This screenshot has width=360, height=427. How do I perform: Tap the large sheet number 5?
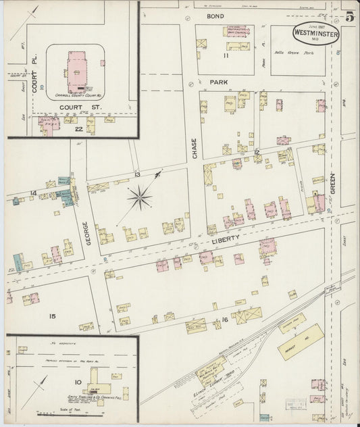click(x=349, y=18)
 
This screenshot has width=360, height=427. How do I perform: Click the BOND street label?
click(x=215, y=15)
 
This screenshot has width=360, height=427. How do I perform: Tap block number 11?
click(x=228, y=55)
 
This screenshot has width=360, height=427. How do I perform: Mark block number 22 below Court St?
click(x=79, y=129)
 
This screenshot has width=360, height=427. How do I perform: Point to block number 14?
click(x=32, y=193)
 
